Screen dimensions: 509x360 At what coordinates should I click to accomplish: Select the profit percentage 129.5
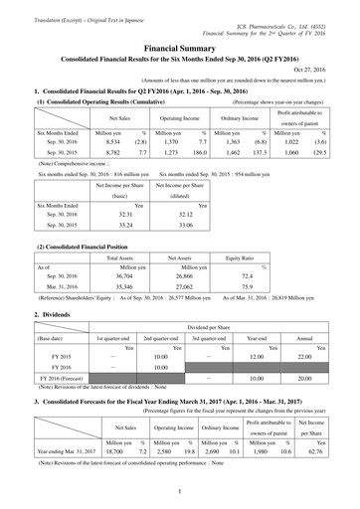pos(317,155)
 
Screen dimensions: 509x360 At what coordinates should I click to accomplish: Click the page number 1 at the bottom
pos(180,490)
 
